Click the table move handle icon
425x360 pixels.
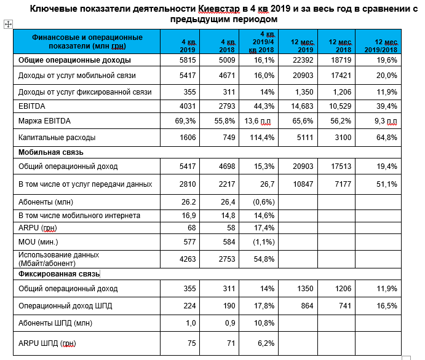tap(8, 25)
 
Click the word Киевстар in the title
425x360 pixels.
tap(219, 9)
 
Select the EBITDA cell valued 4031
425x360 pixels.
tap(188, 106)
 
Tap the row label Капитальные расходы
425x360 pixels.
tap(57, 138)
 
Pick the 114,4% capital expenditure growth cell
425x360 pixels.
tap(262, 138)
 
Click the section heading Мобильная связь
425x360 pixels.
tap(51, 152)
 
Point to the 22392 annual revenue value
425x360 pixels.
tap(303, 60)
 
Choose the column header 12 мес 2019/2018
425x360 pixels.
tap(381, 45)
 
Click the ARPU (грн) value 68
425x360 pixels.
tap(192, 228)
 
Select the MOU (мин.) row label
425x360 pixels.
tap(38, 241)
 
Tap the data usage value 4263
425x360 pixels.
tap(188, 259)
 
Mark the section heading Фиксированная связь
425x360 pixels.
tap(59, 274)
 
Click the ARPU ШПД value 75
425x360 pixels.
tap(192, 343)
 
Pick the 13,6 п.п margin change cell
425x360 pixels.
tap(258, 121)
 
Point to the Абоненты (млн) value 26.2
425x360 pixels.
tap(189, 202)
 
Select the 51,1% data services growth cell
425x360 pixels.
tap(387, 184)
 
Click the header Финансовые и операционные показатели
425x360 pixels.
tap(87, 41)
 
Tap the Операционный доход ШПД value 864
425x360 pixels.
tap(307, 305)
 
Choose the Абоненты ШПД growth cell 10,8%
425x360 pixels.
tap(264, 323)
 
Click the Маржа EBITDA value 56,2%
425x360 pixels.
tap(341, 121)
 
